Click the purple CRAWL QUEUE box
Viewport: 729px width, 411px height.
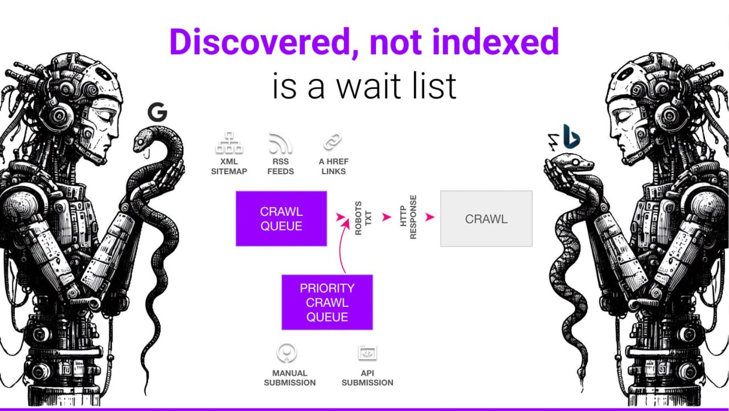click(281, 219)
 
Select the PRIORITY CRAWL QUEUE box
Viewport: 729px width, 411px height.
click(327, 302)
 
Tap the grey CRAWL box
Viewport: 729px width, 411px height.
click(486, 219)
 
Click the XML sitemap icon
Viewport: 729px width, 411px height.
click(229, 143)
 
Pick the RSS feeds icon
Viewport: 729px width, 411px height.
click(281, 143)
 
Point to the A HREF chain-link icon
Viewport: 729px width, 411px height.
click(333, 142)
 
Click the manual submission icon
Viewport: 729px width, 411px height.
click(286, 353)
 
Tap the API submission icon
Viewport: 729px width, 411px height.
click(367, 353)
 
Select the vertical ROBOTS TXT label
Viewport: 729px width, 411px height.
click(363, 217)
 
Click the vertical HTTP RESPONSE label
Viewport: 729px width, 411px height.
click(408, 217)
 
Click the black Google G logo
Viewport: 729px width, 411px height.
click(157, 112)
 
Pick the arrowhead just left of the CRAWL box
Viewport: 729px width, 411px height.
click(430, 217)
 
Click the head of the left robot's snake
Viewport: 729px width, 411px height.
click(143, 138)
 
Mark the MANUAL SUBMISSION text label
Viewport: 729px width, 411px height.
click(289, 378)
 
